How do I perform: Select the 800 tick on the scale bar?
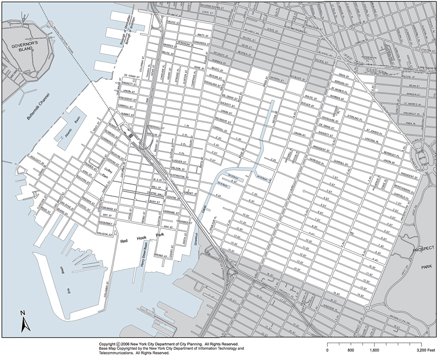350,350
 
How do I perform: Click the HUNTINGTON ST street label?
178,176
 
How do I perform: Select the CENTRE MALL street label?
156,192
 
